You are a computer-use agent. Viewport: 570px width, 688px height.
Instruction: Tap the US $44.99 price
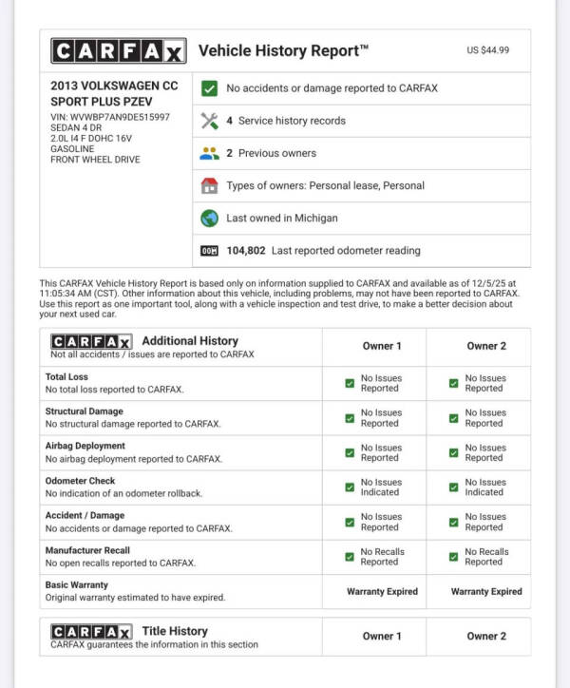pos(488,50)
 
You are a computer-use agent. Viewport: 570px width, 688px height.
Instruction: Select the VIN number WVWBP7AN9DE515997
pos(110,117)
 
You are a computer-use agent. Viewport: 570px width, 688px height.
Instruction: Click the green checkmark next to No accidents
pos(210,88)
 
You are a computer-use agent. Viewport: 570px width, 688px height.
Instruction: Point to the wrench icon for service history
pos(210,121)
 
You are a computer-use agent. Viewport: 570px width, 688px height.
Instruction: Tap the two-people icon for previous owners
pos(210,153)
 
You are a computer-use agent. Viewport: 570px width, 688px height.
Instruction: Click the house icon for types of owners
pos(210,185)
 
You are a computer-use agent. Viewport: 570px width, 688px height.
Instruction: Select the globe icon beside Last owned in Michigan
pos(210,218)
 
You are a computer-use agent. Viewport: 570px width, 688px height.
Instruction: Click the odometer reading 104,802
pos(245,251)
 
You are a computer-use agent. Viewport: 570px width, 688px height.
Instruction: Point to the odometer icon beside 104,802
pos(210,251)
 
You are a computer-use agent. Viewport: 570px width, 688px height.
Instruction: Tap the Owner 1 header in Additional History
pos(382,346)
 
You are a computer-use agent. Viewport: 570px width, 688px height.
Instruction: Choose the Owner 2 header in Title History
pos(486,636)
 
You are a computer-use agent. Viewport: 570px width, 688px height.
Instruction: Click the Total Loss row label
pos(67,377)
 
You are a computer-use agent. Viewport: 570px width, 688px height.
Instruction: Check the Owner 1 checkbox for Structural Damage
pos(350,418)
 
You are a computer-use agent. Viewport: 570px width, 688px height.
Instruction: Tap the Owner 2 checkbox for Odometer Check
pos(454,487)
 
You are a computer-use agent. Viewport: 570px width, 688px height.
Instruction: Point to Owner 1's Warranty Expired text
pos(382,591)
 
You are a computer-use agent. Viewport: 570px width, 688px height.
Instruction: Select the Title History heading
pos(175,631)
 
